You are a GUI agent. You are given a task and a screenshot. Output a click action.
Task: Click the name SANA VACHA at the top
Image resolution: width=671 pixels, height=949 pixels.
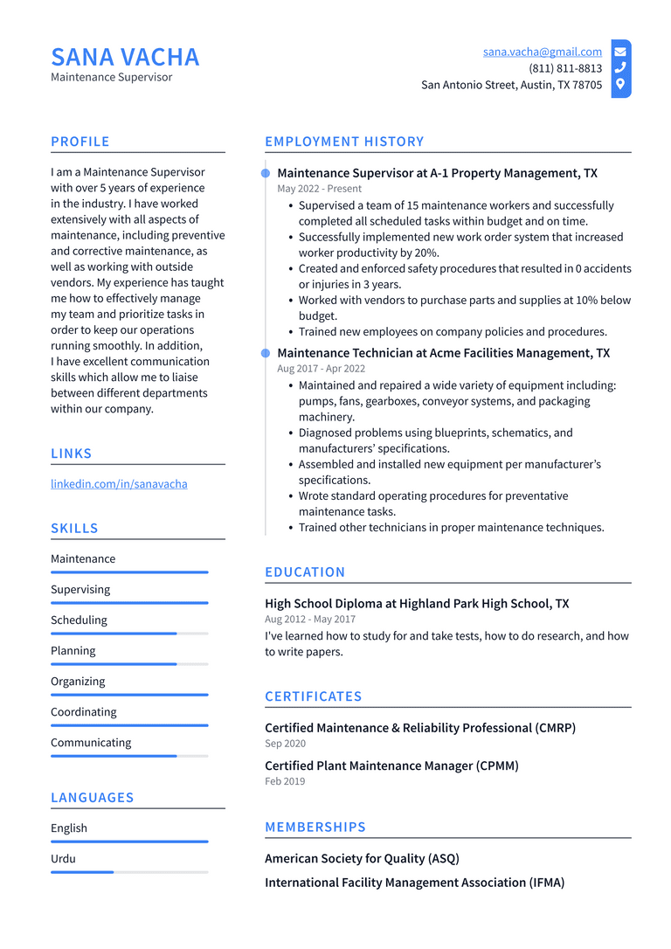125,57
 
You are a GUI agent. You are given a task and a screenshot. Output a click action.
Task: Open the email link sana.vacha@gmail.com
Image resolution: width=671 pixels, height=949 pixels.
542,52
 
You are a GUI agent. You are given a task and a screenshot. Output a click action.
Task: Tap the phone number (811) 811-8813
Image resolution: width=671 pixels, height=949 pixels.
564,68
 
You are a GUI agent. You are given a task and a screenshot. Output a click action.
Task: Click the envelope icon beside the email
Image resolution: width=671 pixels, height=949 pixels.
620,52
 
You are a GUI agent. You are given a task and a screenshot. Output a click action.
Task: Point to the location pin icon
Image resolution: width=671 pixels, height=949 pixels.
620,85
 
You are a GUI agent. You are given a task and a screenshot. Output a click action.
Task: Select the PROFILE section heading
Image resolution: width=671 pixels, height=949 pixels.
80,142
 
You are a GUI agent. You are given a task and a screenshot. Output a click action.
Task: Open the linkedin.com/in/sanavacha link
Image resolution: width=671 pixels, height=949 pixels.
119,483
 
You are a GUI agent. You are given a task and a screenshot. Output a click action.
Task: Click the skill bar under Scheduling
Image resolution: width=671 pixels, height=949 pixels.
129,634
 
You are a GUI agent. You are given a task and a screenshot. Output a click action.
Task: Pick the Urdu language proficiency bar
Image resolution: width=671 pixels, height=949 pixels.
129,872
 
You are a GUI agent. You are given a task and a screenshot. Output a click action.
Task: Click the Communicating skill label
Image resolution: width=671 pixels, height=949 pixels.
91,743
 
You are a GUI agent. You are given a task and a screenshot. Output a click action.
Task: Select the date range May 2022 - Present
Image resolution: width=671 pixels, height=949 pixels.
319,189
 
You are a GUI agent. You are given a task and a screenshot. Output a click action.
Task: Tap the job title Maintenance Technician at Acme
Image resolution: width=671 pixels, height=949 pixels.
443,353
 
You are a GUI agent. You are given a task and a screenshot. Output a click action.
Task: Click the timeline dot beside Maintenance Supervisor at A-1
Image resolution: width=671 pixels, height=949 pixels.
266,173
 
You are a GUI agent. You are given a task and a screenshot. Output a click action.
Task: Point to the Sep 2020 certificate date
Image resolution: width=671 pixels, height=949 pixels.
285,744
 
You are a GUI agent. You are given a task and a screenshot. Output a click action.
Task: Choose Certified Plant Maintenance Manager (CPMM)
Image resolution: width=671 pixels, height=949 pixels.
391,765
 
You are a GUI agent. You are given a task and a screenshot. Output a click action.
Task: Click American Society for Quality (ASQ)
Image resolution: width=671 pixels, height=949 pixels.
362,858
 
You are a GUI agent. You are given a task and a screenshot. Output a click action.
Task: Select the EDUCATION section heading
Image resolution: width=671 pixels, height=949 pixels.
305,572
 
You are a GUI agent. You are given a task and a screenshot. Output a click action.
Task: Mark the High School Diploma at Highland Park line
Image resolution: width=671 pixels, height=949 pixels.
417,603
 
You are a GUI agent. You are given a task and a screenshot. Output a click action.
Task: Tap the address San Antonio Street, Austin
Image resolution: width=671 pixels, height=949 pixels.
511,85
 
